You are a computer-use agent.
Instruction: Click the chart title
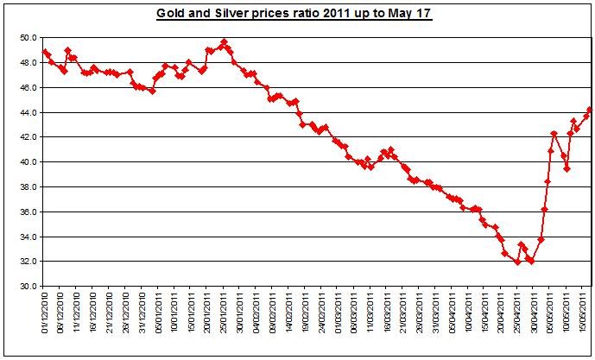(293, 14)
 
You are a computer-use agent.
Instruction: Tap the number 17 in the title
(422, 14)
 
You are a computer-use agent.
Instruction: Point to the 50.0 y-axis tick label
(28, 38)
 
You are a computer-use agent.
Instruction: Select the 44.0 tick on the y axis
(28, 112)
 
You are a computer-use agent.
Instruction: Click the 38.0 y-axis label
(28, 186)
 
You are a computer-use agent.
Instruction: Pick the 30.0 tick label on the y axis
(28, 286)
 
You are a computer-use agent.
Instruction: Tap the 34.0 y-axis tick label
(28, 237)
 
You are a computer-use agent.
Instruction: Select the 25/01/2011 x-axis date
(225, 320)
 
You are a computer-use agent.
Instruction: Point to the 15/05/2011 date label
(586, 320)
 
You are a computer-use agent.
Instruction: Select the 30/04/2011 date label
(532, 320)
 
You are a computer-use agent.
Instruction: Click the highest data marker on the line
(224, 41)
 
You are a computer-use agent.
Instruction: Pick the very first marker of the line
(45, 52)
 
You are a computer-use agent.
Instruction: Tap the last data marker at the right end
(590, 109)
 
